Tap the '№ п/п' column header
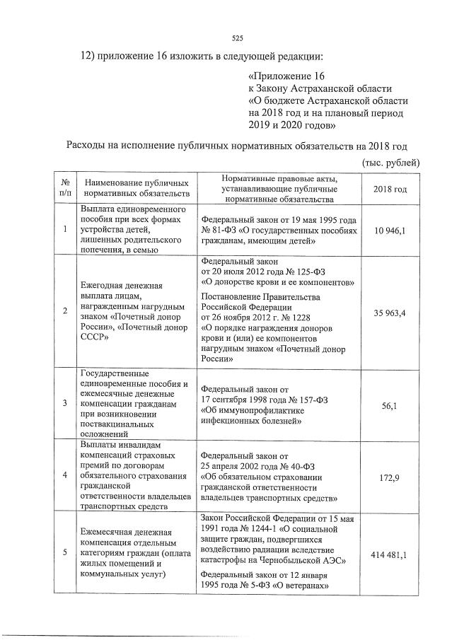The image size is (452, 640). click(65, 187)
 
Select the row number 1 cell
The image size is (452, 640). click(65, 229)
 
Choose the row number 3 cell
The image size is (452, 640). click(65, 402)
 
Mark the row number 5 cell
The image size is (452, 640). click(65, 553)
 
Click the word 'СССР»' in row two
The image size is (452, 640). click(95, 338)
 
